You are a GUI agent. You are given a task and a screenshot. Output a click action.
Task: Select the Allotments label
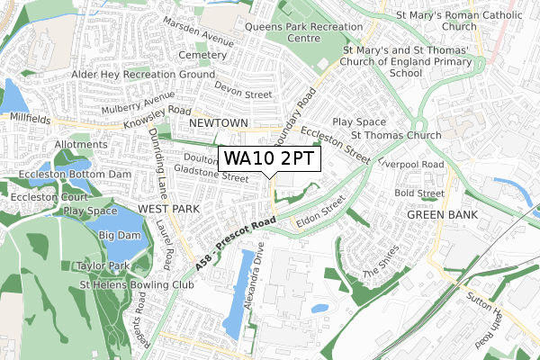click(81, 144)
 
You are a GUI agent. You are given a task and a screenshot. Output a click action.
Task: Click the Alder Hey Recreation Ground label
click(130, 74)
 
